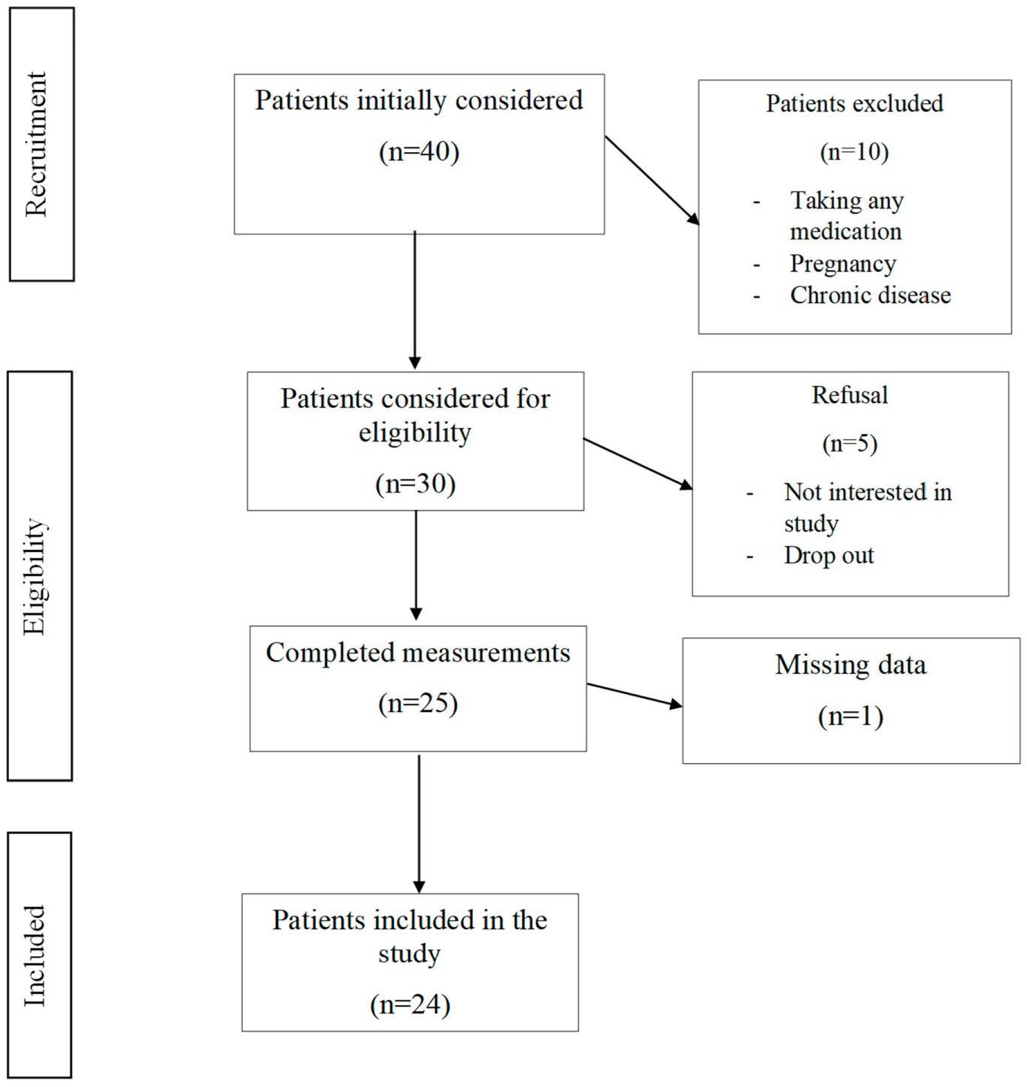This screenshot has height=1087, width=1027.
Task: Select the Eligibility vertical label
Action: click(35, 577)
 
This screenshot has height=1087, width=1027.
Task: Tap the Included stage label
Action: click(35, 956)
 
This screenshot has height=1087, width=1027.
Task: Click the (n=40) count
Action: click(419, 152)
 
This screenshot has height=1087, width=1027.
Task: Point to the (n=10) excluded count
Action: click(854, 152)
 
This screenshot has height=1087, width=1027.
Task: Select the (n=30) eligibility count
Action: click(415, 483)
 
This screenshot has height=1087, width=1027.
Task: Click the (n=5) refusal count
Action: click(850, 444)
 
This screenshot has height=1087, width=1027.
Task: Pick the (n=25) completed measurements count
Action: click(418, 703)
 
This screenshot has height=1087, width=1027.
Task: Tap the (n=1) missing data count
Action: click(850, 716)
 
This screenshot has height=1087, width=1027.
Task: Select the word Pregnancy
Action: click(842, 264)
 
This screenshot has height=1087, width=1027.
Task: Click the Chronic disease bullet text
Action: click(870, 295)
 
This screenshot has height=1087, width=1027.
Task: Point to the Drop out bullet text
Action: click(828, 555)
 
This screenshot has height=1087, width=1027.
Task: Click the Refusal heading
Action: click(850, 395)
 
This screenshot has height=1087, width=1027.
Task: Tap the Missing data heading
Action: click(850, 665)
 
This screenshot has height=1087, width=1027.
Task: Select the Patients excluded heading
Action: click(854, 103)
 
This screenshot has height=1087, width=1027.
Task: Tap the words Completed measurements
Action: click(418, 652)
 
